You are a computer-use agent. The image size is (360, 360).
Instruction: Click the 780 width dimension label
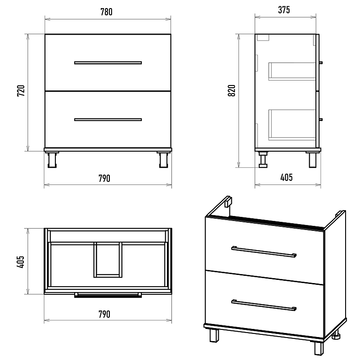point(107,12)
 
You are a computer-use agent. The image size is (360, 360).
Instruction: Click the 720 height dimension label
point(21,91)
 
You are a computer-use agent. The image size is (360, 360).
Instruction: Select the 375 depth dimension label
point(284,10)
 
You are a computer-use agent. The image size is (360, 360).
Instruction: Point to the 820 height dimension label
point(232,90)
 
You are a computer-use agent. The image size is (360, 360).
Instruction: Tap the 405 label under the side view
point(287,177)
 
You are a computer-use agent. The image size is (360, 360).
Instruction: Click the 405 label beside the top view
point(20,262)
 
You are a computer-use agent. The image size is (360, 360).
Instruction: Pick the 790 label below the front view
point(104,178)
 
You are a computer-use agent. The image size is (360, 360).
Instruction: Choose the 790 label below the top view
point(104,314)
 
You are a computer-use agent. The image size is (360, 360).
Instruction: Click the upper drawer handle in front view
point(108,63)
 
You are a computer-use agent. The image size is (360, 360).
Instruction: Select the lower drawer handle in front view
point(108,120)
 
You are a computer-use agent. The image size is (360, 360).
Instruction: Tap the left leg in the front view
point(52,160)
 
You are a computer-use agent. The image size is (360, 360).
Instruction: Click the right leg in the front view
point(164,160)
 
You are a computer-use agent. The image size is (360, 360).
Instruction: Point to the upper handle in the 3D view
point(264,252)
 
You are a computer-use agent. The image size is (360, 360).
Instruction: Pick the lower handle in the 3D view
point(264,305)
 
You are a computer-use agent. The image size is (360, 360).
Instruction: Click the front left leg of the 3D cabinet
point(214,336)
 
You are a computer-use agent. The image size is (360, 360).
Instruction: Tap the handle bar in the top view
point(108,295)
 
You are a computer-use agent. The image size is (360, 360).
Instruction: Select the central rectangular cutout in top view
point(108,260)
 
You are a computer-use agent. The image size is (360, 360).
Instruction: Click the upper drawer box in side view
point(292,71)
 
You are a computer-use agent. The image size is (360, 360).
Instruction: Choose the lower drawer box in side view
point(292,125)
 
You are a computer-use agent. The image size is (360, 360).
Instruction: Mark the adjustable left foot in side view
point(263,160)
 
